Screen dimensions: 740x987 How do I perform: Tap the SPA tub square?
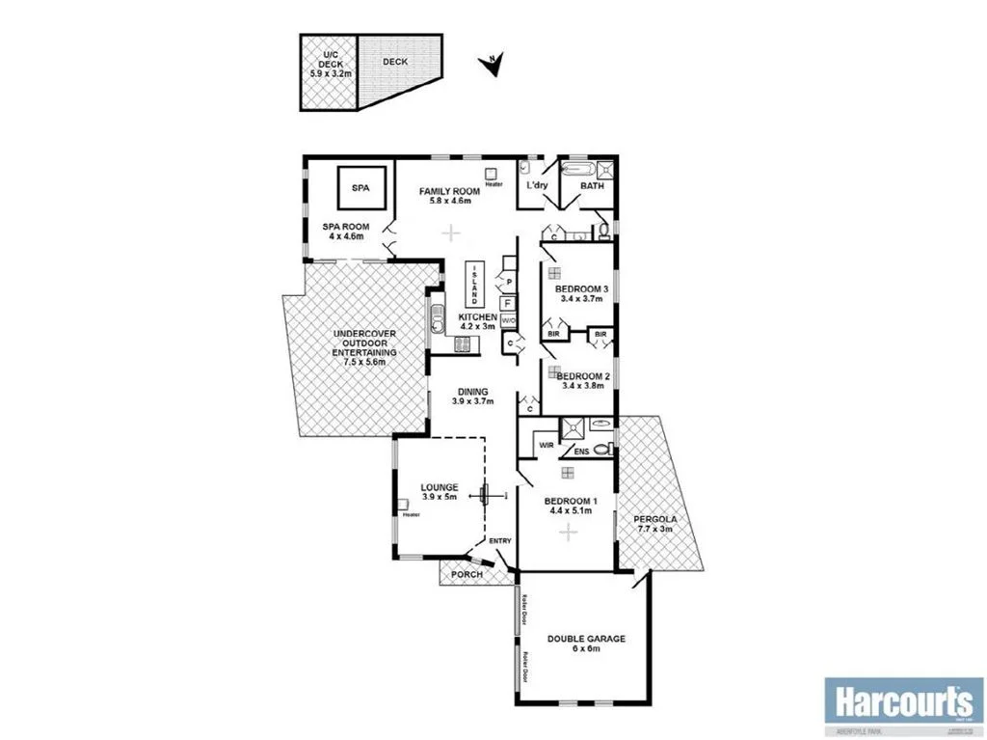pos(360,187)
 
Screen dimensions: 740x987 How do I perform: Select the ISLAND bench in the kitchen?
pos(474,283)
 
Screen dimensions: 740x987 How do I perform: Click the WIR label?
pos(546,446)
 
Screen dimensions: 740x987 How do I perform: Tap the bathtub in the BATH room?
pos(578,168)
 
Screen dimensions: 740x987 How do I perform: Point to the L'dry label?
pos(536,186)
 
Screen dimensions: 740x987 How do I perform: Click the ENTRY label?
pos(499,541)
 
